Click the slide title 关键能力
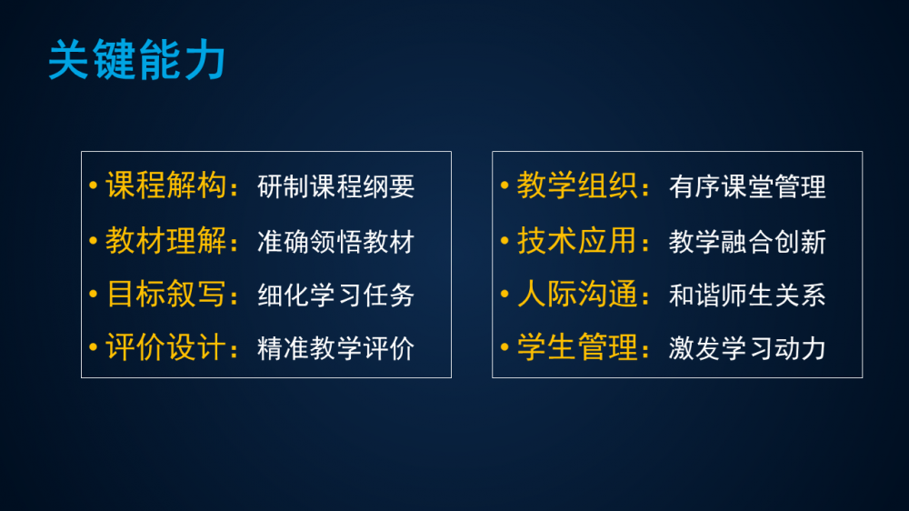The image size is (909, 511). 137,60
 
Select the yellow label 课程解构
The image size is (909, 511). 165,185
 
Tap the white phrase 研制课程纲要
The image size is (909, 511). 335,186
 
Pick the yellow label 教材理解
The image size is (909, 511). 165,241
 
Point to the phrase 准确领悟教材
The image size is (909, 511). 335,242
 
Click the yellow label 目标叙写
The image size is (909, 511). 165,294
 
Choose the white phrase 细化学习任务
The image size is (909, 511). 335,295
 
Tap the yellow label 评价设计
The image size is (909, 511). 165,347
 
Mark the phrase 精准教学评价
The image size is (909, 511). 335,348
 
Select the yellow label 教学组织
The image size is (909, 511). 577,185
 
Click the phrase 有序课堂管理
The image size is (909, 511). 747,186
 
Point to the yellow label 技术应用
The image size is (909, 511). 577,241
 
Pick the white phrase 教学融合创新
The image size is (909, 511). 747,242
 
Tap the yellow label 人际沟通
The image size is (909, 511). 577,294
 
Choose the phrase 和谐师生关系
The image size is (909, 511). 747,295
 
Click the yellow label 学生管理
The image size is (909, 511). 577,347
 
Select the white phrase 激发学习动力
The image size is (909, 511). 747,348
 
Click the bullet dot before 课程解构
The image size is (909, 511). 94,185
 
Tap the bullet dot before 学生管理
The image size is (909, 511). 504,347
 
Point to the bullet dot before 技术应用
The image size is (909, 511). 504,241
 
